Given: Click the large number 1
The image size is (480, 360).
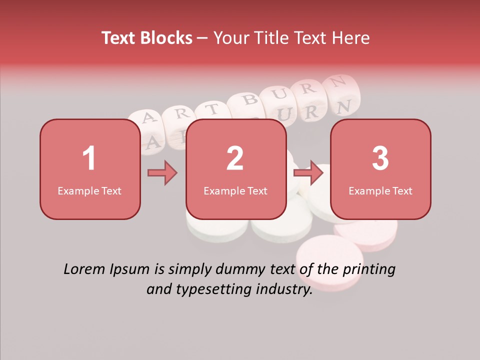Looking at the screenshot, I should pos(89,158).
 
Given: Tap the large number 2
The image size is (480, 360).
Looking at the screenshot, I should pos(235,158).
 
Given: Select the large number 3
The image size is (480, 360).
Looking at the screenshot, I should pos(380,158).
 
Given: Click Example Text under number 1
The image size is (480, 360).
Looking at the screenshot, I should pos(89,190).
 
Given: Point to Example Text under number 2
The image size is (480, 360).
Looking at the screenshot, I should pos(235,190).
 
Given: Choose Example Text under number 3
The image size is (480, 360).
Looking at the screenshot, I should pos(380,190).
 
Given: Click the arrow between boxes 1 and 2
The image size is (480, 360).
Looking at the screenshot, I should pos(162,173).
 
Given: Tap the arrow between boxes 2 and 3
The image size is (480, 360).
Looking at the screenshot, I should pos(308,173).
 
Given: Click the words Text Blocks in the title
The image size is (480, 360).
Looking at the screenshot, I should pos(147,38).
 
